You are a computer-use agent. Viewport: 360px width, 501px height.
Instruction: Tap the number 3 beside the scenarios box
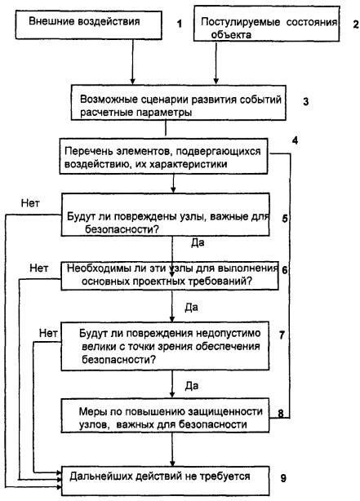(305, 101)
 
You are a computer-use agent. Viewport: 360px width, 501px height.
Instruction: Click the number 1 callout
(180, 24)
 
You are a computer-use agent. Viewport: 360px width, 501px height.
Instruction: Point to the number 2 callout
(356, 24)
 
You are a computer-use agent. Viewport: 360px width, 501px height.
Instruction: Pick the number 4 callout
(295, 140)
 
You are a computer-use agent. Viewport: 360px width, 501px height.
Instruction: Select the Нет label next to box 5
(30, 203)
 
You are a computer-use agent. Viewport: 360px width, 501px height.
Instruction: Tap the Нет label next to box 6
(39, 268)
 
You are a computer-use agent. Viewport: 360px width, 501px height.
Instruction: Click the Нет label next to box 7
(48, 333)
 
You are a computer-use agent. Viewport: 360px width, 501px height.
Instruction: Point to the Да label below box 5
(198, 243)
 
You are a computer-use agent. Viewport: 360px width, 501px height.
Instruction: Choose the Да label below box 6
(192, 308)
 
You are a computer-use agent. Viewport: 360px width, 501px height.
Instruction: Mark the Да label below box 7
(192, 386)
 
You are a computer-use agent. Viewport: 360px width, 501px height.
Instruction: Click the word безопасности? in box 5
(122, 229)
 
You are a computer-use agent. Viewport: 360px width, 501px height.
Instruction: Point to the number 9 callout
(283, 479)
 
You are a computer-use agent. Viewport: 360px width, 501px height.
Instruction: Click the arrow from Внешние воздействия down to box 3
(133, 62)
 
